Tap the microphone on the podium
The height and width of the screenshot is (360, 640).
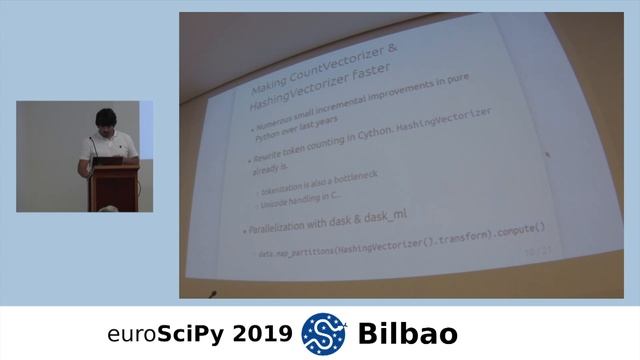[x=96, y=148]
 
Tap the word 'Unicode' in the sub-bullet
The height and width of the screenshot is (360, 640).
[x=277, y=204]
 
